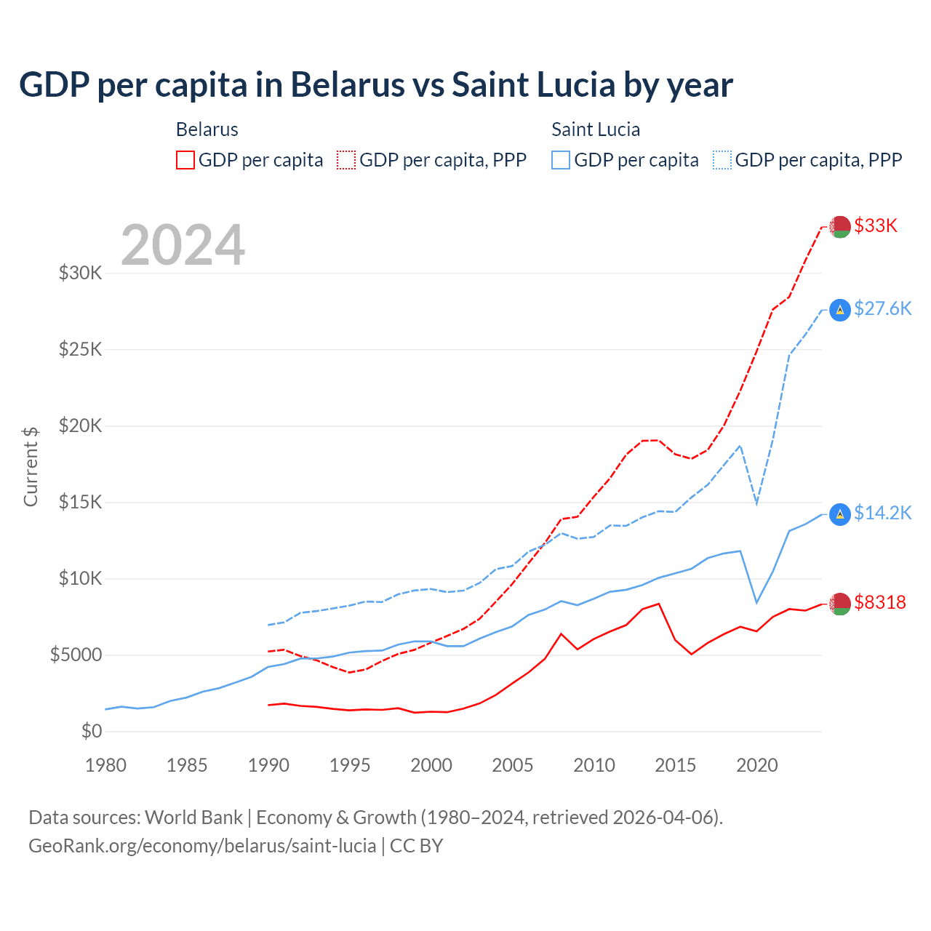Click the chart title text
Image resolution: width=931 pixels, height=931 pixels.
tap(375, 85)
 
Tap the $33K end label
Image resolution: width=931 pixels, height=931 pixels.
tap(876, 225)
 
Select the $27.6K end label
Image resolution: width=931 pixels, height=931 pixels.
tap(882, 308)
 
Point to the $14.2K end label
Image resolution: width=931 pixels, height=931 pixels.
tap(882, 513)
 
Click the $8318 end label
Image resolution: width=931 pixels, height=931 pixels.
tap(880, 602)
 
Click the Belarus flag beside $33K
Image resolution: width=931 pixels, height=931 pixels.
tap(840, 226)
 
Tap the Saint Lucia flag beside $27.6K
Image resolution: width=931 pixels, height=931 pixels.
tap(840, 310)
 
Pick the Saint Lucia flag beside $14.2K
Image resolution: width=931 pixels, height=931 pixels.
tap(840, 514)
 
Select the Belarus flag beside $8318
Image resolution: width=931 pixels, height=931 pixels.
tap(840, 604)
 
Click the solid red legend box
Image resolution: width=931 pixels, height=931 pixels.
tap(185, 160)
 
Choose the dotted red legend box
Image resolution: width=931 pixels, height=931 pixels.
tap(346, 160)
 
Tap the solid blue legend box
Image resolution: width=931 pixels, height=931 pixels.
tap(561, 160)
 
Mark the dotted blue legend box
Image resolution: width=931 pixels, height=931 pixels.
tap(722, 160)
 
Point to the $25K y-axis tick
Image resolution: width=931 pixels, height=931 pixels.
tap(81, 349)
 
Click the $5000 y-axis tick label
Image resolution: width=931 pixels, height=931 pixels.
tap(76, 655)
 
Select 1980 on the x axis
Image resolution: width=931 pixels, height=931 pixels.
tap(106, 765)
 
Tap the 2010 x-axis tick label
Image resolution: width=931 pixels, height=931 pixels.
tap(594, 765)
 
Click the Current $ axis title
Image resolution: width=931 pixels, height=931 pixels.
tap(31, 466)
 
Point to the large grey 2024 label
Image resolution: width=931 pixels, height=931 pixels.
tap(183, 245)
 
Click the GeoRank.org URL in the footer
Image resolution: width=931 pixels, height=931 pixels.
tap(202, 846)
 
